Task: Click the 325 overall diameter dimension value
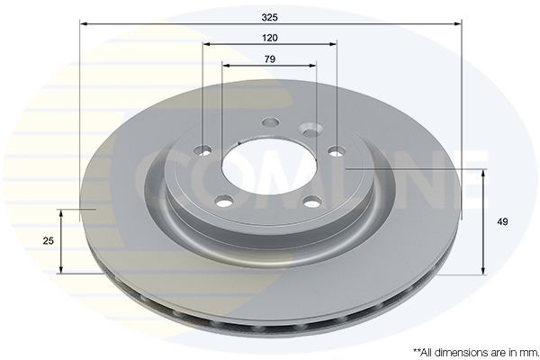click(269, 15)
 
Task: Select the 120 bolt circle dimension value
click(269, 37)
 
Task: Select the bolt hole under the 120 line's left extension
click(204, 150)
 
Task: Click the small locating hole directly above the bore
click(269, 124)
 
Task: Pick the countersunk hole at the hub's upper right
click(309, 130)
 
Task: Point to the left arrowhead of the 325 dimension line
click(84, 24)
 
